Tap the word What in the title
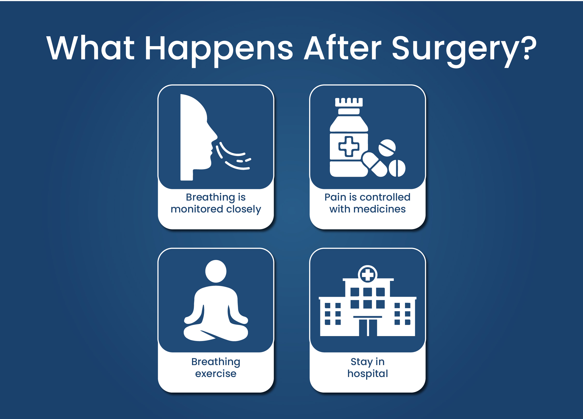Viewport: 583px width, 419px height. (x=90, y=48)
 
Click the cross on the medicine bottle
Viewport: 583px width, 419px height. (x=349, y=146)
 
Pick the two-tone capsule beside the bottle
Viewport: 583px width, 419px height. (x=374, y=165)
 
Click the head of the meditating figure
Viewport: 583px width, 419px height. (x=216, y=271)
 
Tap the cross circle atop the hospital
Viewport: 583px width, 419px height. (x=367, y=274)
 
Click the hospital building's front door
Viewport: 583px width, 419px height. (x=368, y=328)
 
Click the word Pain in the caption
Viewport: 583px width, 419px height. (x=335, y=197)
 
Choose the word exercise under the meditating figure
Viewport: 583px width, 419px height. (x=216, y=373)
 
